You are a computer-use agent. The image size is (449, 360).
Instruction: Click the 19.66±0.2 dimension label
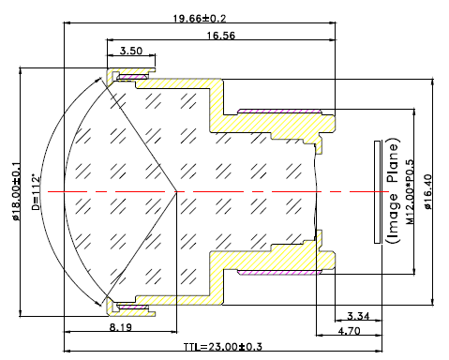[200, 18]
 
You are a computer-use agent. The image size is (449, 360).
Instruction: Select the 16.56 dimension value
[220, 36]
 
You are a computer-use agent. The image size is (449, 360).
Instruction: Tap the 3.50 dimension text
[131, 51]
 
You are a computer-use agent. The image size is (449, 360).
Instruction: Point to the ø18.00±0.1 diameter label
[16, 191]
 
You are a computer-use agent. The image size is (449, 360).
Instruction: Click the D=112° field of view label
[37, 192]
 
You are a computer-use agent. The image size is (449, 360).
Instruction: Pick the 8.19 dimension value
[121, 327]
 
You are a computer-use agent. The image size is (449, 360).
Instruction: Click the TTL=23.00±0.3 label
[222, 347]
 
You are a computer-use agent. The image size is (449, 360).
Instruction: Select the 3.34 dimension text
[358, 316]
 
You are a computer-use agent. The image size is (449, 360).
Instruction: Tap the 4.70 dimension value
[349, 331]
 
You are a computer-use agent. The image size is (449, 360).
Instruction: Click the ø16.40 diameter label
[428, 191]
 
